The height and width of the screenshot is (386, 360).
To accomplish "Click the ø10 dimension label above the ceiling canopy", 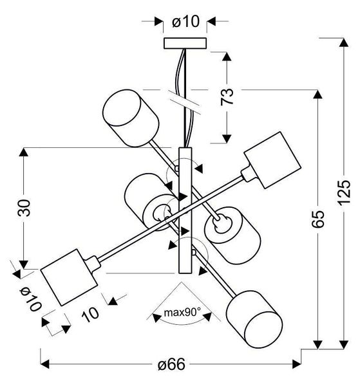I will click(x=184, y=22).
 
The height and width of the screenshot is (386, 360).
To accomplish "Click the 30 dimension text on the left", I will click(x=23, y=208).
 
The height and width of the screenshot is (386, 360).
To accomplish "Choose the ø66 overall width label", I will click(x=171, y=364).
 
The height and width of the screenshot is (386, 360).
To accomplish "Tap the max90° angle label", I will click(x=182, y=313).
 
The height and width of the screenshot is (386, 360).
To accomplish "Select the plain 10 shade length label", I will click(x=91, y=313).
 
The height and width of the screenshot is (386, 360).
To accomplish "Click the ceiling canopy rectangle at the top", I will click(x=184, y=44).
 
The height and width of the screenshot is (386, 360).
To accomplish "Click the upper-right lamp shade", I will click(x=271, y=160).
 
